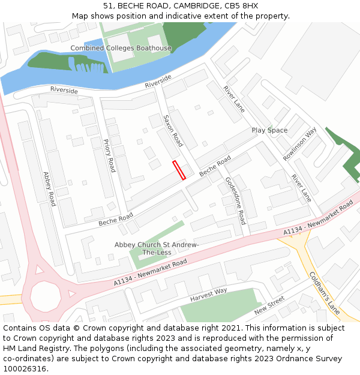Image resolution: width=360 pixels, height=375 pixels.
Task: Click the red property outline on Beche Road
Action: pos(179,170)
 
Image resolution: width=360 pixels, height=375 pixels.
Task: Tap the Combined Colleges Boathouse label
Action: pos(121,48)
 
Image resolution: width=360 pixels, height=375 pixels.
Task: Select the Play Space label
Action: pos(269,130)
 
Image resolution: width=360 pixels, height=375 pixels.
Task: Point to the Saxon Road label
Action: pos(173,131)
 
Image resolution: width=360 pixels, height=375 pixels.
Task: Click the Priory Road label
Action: pos(109,155)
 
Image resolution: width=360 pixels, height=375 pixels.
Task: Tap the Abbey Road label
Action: pos(49,189)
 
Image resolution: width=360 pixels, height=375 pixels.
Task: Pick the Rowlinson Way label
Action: pos(300,144)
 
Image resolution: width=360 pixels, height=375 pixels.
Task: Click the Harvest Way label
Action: pos(209,292)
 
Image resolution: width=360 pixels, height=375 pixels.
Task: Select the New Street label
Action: pos(269,306)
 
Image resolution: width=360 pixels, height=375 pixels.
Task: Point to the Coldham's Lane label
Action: pos(325,293)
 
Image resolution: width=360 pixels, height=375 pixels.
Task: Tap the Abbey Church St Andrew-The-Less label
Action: pos(157,248)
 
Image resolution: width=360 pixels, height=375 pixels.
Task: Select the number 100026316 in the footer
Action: pos(24,369)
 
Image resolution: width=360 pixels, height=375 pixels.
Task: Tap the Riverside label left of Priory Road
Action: pos(64,90)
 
